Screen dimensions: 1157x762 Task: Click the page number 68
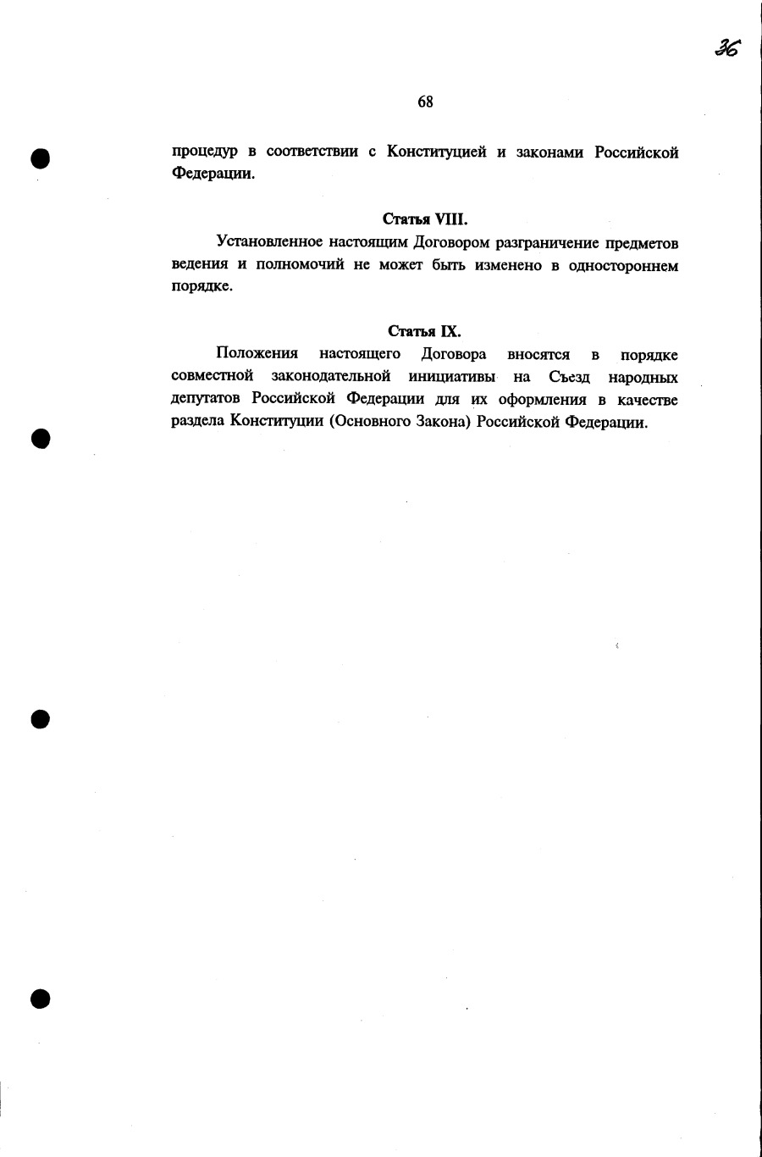(x=425, y=102)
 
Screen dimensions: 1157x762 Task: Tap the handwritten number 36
(x=726, y=48)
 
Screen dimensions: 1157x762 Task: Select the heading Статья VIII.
(x=425, y=219)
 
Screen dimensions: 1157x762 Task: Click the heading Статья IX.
(x=425, y=331)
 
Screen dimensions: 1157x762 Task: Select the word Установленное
(x=268, y=243)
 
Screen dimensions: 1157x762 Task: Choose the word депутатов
(x=207, y=399)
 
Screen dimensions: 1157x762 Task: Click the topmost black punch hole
(x=41, y=158)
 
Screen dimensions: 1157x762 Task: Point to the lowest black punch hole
(x=41, y=999)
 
